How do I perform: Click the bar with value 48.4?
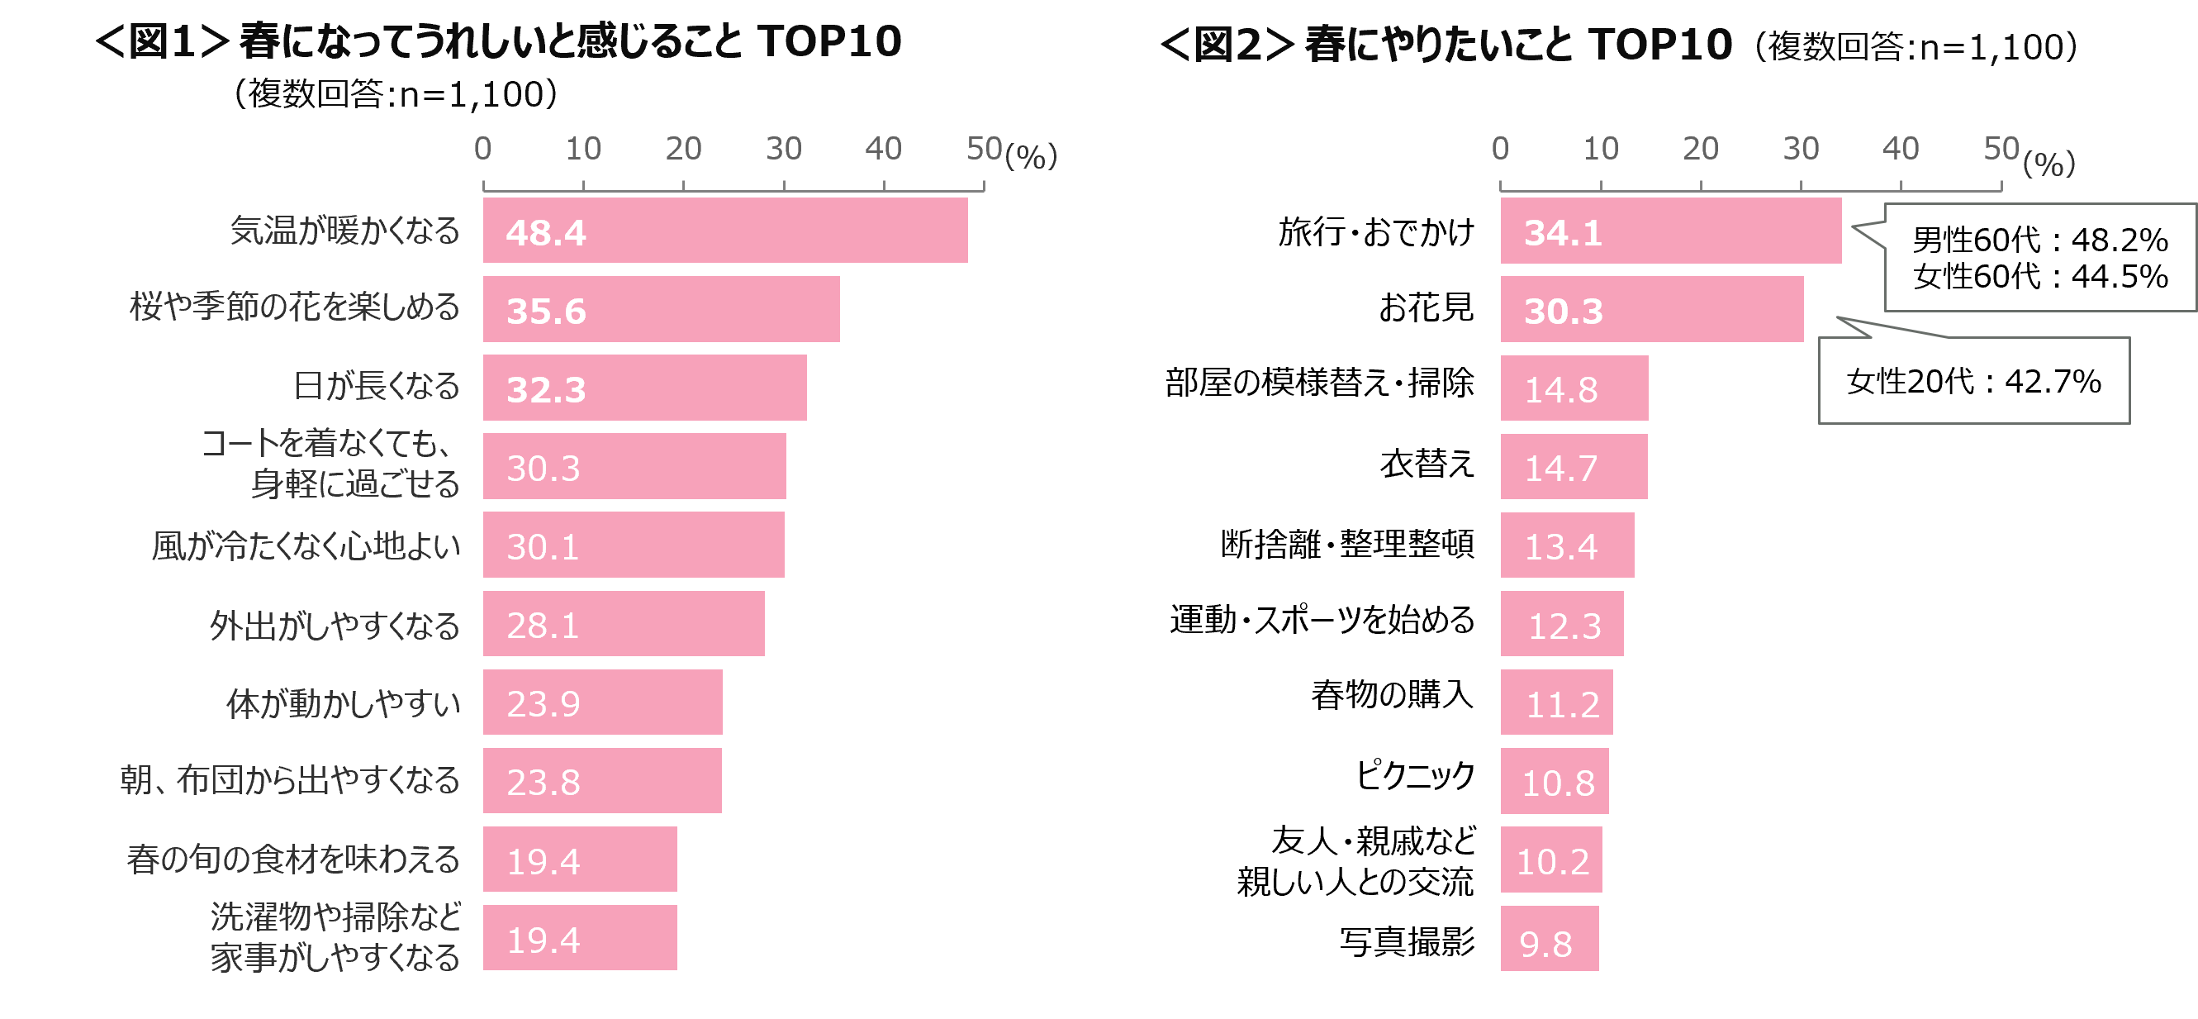pos(725,231)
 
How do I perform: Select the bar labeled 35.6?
pos(662,309)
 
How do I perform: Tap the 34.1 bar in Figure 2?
pos(1671,231)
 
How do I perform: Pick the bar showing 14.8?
pos(1574,388)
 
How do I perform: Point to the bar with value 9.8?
pos(1550,939)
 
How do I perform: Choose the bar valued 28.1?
pos(624,624)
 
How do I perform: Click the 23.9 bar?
pos(602,702)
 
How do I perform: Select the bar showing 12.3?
pos(1562,624)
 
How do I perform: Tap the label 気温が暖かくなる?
pos(344,231)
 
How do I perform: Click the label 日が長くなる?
pos(377,387)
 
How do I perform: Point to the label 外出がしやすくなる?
pos(335,626)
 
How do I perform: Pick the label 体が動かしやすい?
pos(343,704)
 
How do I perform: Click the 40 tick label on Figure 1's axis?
pos(883,150)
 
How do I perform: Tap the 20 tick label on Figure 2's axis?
pos(1701,150)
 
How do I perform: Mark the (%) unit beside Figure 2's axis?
pos(2048,162)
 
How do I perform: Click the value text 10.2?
pos(1553,862)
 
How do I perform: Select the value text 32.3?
pos(546,390)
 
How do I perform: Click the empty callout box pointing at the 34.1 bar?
pos(2039,258)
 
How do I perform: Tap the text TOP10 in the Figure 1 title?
pos(829,41)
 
